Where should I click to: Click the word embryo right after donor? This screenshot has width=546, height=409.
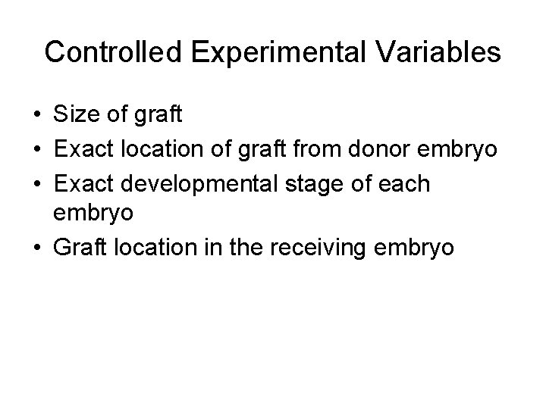pyautogui.click(x=463, y=150)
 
